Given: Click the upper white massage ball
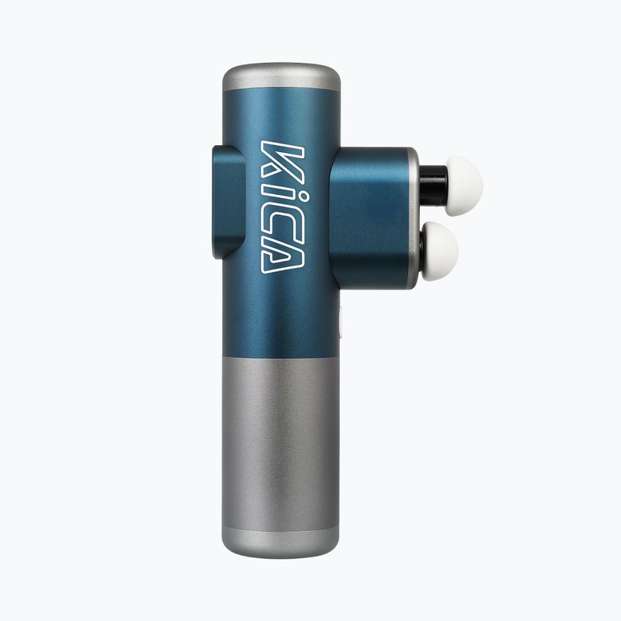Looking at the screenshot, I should (463, 185).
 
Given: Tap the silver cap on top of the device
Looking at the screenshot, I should (281, 77).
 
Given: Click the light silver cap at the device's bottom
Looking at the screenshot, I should (281, 542).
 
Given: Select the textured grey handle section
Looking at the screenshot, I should (281, 442).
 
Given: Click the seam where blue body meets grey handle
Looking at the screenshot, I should (281, 358).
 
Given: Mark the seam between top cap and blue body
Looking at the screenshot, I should (281, 92).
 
